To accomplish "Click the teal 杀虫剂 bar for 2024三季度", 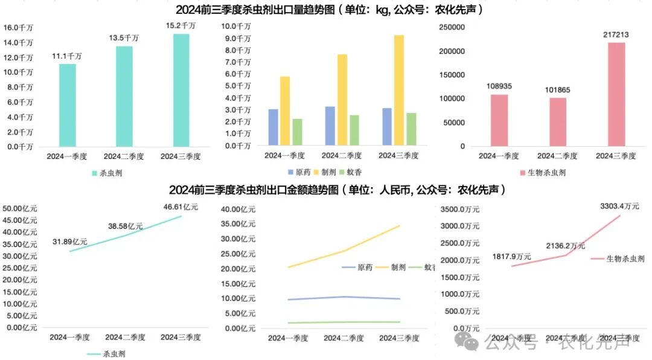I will click(x=181, y=90).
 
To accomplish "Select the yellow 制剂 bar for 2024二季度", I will click(x=342, y=100).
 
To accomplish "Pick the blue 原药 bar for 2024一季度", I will click(x=273, y=127).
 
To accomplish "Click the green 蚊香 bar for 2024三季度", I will click(x=411, y=129).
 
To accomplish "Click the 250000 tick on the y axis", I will click(x=452, y=28).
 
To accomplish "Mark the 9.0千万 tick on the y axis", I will click(x=236, y=38).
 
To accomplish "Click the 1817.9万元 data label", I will click(x=512, y=256).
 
